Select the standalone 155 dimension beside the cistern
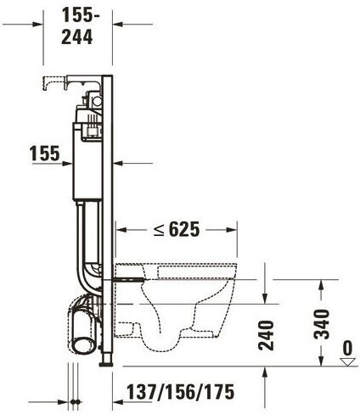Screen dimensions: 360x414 45,154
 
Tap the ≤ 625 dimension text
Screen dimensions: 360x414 177,229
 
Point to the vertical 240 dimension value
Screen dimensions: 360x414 267,335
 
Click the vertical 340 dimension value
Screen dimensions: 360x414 323,324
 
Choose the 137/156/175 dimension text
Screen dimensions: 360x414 180,392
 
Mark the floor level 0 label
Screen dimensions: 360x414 347,348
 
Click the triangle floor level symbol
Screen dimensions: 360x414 347,362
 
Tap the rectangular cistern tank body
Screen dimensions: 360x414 87,161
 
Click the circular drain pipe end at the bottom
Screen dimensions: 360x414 84,338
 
